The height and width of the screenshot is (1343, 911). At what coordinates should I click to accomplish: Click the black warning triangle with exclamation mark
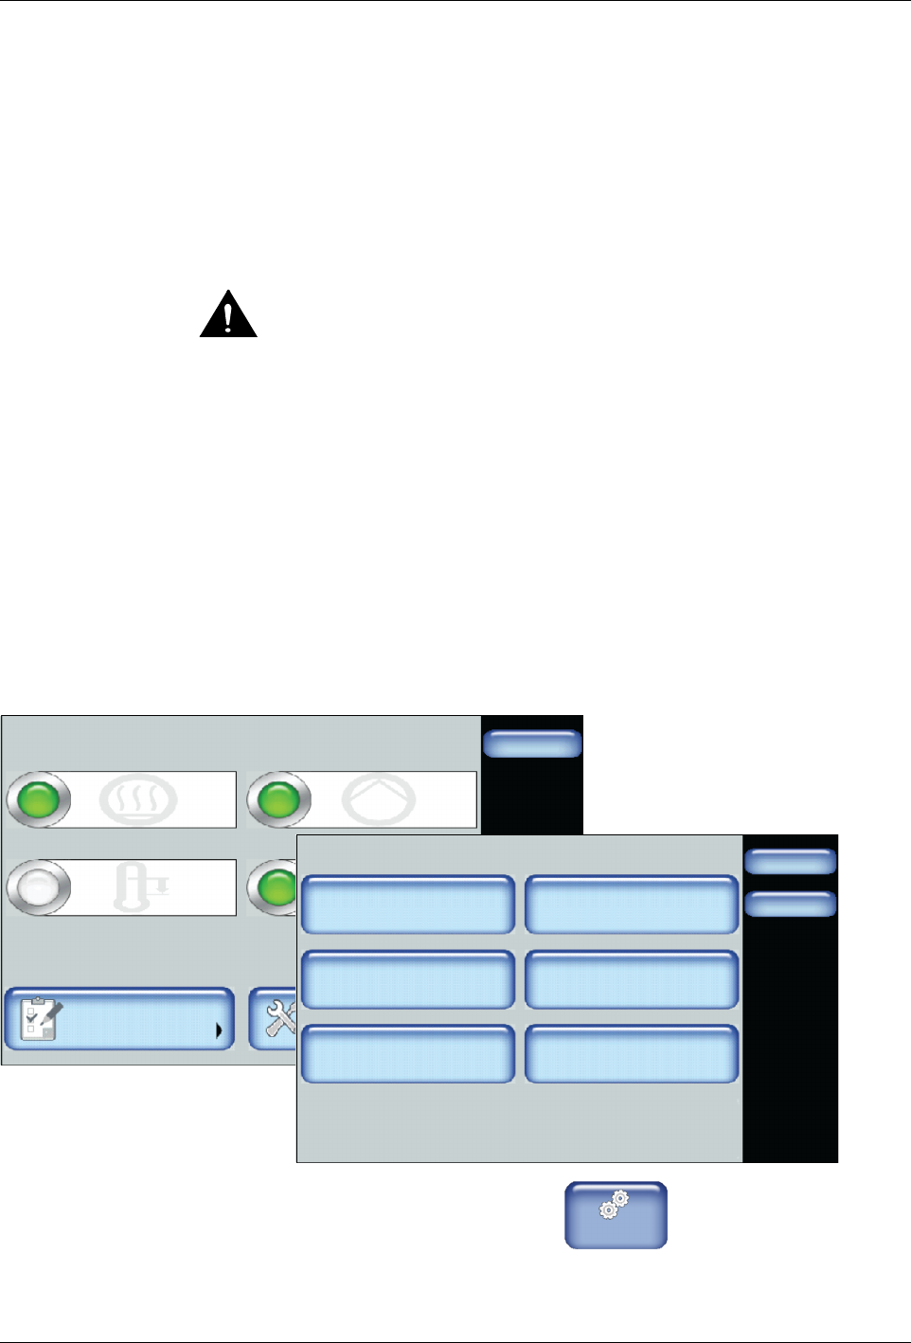point(228,316)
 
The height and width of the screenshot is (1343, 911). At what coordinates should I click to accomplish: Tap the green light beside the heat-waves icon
point(39,799)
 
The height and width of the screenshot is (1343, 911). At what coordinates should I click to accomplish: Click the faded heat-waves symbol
point(138,800)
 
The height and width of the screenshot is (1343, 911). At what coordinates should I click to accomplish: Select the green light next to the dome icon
point(279,799)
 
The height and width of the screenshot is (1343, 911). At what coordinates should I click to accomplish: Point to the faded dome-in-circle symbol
point(378,800)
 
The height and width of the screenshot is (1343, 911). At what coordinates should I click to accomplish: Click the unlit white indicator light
point(39,887)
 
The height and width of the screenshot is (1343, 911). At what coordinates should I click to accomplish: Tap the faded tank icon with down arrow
point(139,887)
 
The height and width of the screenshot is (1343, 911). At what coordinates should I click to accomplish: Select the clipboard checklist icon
point(41,1019)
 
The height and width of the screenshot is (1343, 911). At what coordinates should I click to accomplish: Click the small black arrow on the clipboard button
point(219,1030)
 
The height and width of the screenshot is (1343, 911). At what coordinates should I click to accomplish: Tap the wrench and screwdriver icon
point(279,1019)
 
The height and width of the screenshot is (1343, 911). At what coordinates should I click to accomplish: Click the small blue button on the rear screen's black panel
point(531,743)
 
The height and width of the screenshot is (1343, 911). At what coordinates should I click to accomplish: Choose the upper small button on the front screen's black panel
point(790,861)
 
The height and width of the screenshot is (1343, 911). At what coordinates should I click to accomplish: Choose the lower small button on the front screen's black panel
point(790,904)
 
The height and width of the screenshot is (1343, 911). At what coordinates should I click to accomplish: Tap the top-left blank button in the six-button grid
point(407,904)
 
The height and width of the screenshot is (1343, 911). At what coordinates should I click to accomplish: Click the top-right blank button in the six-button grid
point(632,904)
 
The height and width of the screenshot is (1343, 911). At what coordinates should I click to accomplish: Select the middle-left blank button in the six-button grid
point(407,979)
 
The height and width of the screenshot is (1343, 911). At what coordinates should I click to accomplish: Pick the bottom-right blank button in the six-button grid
point(632,1053)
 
